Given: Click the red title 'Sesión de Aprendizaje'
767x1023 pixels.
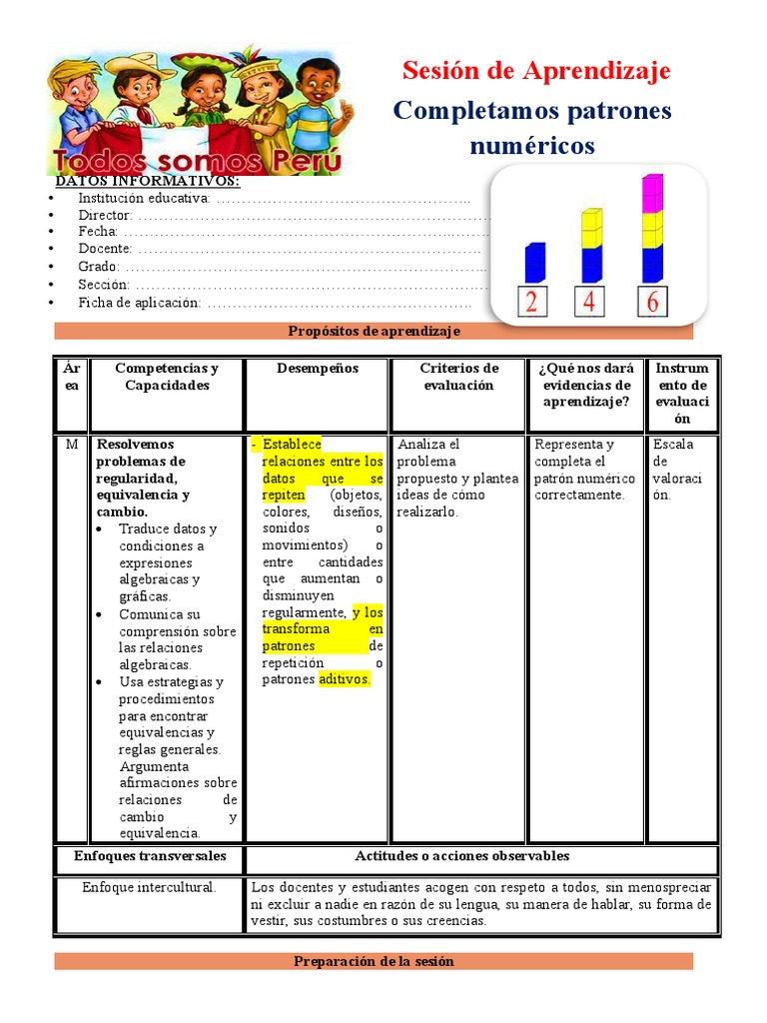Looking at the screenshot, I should (535, 71).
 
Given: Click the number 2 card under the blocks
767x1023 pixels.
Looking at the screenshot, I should (531, 302).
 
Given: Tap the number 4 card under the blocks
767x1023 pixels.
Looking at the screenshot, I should (589, 302).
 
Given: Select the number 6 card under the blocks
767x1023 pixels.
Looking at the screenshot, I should (652, 302).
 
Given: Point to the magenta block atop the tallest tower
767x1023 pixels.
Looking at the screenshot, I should (652, 192).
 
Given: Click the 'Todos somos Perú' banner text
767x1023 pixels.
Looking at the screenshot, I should (199, 163).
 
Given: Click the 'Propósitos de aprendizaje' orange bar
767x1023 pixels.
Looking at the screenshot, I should (374, 332).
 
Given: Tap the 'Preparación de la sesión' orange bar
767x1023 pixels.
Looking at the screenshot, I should (374, 961).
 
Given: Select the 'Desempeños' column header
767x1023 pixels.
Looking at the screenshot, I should (317, 369).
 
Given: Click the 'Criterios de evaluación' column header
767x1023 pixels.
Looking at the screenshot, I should (458, 377).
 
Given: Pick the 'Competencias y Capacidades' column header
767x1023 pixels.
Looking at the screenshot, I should (167, 377).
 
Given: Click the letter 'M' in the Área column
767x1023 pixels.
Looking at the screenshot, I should (71, 445).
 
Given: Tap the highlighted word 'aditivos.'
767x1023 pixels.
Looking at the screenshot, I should (345, 679).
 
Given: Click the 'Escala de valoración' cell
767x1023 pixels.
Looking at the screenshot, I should (678, 470).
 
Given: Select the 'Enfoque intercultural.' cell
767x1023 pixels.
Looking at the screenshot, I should (149, 887).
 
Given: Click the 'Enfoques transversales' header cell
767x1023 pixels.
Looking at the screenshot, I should (150, 856).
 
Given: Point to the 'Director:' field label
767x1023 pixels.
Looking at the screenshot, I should (105, 216).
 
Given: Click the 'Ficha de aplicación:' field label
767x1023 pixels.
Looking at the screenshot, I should (139, 303).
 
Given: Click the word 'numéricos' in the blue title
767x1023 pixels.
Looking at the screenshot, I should (531, 146).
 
